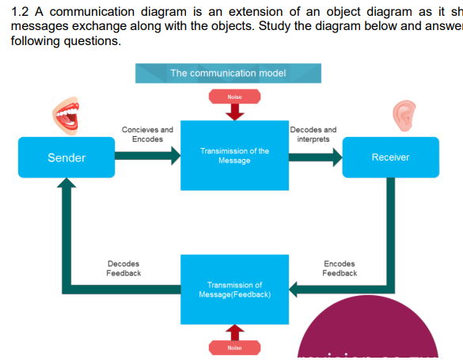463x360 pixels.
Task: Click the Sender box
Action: (66, 157)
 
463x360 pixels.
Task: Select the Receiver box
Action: (390, 157)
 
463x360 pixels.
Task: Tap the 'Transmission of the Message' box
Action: (234, 155)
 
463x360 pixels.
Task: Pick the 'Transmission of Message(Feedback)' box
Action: (234, 290)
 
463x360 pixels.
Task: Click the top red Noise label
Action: (234, 97)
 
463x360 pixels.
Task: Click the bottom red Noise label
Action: (234, 348)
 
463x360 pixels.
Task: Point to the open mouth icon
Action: (65, 116)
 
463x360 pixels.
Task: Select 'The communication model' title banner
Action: (229, 73)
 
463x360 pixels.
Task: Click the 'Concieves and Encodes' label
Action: (147, 134)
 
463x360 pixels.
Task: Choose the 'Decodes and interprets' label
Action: (313, 134)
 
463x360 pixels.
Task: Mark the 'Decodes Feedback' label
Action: (123, 268)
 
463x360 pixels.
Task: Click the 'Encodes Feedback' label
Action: (340, 268)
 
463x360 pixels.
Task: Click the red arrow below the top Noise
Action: (234, 112)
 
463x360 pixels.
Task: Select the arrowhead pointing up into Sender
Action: (66, 184)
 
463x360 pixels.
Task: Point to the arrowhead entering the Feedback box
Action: (295, 289)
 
